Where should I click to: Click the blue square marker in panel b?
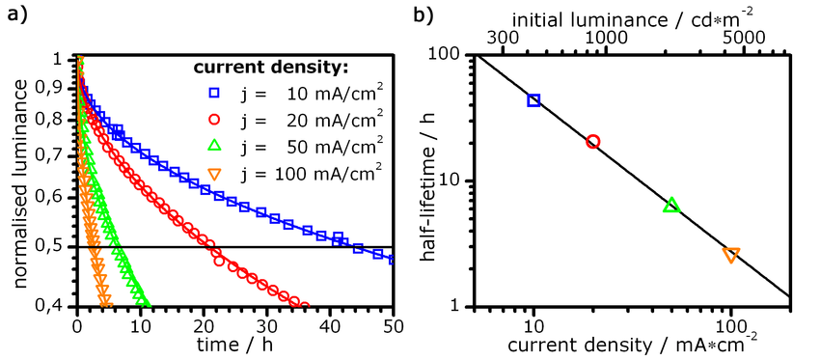533,100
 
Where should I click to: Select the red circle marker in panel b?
592,141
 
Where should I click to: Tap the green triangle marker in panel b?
671,206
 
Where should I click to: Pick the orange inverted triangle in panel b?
731,255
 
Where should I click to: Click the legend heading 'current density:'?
271,69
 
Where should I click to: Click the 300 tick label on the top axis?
502,38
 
